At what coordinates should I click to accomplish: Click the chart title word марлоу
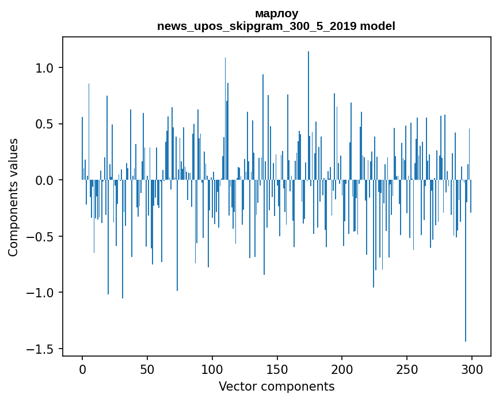tap(276, 13)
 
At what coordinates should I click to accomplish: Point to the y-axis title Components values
tap(13, 197)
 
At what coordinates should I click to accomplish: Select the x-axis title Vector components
tap(276, 386)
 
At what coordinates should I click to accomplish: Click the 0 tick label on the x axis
tap(82, 369)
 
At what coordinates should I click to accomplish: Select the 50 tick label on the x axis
tap(147, 369)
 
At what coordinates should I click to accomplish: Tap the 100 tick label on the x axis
tap(212, 369)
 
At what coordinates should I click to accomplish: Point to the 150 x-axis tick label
tap(277, 369)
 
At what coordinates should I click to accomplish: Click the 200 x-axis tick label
tap(342, 369)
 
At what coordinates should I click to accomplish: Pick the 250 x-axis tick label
tap(407, 369)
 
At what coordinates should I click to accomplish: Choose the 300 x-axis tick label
tap(472, 369)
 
